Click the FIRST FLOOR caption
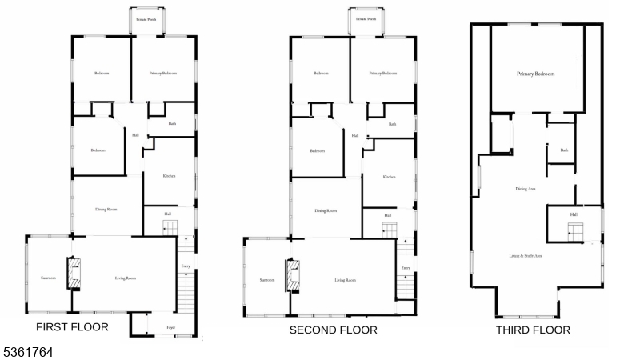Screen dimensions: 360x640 pos(72,327)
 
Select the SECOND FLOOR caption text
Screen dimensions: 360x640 pos(334,330)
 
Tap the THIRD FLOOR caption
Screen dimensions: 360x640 pos(533,330)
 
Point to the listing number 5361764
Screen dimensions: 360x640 pos(28,350)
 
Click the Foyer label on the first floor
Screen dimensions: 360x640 pos(170,327)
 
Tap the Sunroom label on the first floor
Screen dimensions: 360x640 pos(48,278)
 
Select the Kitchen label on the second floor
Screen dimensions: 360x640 pos(389,177)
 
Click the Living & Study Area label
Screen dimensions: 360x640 pos(526,256)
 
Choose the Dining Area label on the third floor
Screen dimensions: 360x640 pos(526,189)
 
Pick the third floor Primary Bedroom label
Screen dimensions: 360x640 pos(536,74)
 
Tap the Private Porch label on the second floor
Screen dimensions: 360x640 pos(366,18)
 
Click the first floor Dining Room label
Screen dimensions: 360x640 pos(106,210)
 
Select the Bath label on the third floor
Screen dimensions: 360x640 pos(564,150)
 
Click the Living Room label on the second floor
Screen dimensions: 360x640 pos(345,280)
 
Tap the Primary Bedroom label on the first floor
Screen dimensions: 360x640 pos(162,74)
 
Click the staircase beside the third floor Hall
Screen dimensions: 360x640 pos(576,232)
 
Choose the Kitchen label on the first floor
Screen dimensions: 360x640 pos(169,176)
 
